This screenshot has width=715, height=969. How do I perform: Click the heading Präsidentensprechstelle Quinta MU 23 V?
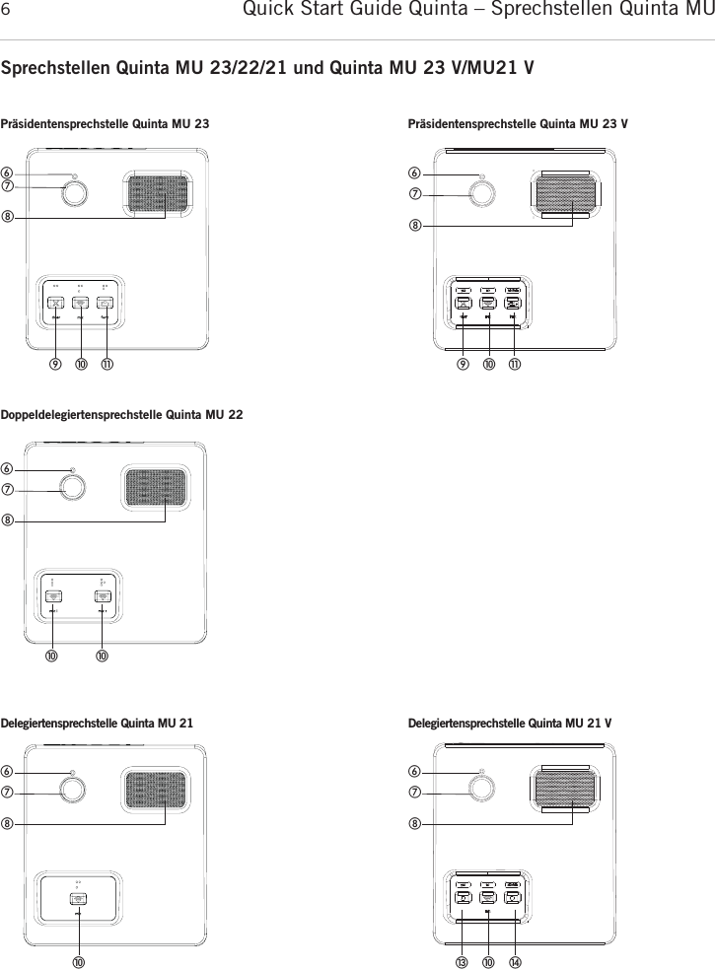518,125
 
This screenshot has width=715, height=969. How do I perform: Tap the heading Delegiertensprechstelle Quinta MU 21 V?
509,723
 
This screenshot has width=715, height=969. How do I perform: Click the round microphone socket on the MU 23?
74,194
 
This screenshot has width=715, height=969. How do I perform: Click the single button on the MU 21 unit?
78,898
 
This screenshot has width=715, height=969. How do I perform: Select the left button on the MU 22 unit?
53,595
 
